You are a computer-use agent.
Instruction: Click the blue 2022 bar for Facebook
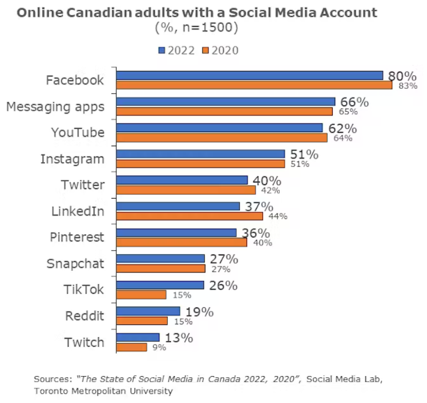[250, 75]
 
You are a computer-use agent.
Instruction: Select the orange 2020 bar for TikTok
[141, 295]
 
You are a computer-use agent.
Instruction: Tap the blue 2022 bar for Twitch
[138, 338]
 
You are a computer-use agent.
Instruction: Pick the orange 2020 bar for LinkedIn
[190, 216]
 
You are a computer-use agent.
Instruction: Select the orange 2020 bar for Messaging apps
[224, 111]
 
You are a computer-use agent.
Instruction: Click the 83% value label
[407, 86]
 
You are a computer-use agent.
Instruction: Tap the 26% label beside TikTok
[223, 286]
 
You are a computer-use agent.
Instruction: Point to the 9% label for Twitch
[159, 347]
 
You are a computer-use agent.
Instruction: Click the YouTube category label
[78, 133]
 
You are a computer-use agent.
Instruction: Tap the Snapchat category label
[75, 264]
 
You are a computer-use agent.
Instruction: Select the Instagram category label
[72, 159]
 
